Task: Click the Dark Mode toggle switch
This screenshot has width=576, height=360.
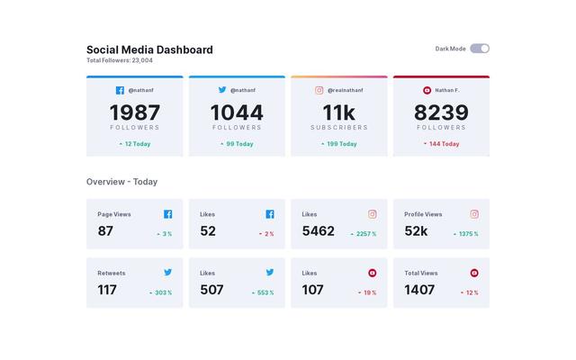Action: click(480, 49)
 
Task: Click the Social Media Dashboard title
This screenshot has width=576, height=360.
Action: click(149, 49)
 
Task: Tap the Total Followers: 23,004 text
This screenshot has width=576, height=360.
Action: click(120, 61)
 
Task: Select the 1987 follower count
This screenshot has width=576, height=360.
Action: click(135, 112)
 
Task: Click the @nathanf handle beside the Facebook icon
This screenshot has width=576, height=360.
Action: click(141, 90)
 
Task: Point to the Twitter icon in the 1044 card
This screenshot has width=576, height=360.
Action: click(222, 90)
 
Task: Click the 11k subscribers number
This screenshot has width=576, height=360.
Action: click(339, 112)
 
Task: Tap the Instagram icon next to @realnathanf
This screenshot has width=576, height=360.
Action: click(319, 90)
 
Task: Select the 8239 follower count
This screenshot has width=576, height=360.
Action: click(441, 112)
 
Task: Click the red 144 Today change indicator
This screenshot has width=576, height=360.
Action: click(441, 144)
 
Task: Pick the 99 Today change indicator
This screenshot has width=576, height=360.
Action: click(237, 144)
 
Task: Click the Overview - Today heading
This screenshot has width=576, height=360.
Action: click(121, 182)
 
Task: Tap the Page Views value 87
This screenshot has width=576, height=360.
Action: click(105, 231)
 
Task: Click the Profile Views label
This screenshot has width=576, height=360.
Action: click(423, 214)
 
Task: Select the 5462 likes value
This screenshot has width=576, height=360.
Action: click(318, 231)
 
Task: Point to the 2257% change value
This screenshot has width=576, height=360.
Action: click(364, 234)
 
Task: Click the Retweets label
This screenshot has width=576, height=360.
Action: click(112, 273)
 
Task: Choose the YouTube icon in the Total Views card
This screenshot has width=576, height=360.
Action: click(474, 273)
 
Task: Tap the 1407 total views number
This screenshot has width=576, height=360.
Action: click(419, 290)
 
